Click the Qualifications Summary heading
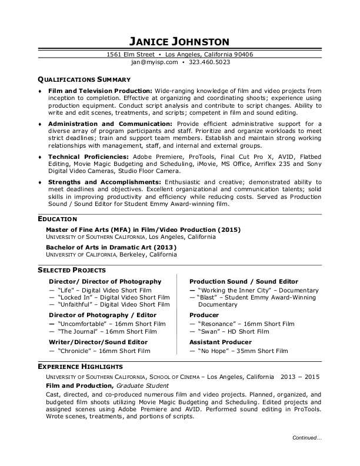point(84,78)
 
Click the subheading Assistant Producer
point(220,342)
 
